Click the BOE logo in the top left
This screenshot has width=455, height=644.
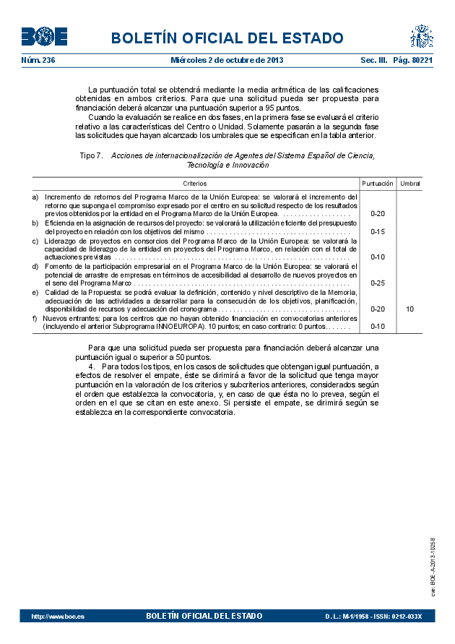tap(44, 36)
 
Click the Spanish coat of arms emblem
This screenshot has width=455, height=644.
tap(422, 35)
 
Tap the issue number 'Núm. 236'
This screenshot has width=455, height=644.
tap(38, 61)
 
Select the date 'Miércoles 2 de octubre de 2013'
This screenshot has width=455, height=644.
tap(227, 61)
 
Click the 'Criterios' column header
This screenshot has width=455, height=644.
tap(194, 184)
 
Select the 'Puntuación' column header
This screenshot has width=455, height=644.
tap(377, 184)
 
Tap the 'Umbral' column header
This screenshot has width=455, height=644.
tap(409, 184)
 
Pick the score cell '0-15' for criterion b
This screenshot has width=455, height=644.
tap(377, 231)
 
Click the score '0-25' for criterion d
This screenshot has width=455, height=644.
tap(377, 283)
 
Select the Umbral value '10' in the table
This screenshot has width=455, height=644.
tap(409, 309)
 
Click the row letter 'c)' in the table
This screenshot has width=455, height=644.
tap(35, 240)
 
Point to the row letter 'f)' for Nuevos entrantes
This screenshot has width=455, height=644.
tap(35, 317)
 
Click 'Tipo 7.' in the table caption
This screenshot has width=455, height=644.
tap(92, 155)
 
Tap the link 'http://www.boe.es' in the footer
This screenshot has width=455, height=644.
tap(58, 617)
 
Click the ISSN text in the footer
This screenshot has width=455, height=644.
tap(404, 617)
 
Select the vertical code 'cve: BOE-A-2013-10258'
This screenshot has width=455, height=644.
tap(433, 567)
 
